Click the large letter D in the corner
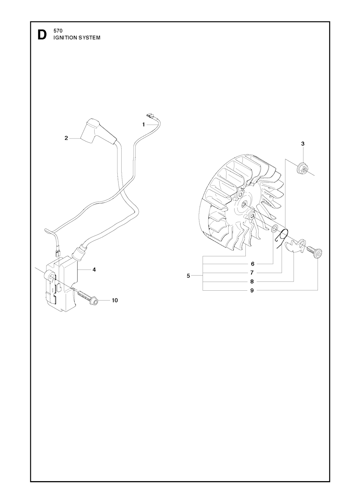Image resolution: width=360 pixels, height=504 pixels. (41, 35)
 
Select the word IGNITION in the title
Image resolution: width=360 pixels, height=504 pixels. (65, 38)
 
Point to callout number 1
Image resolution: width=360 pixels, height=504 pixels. (143, 124)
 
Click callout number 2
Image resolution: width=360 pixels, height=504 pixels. (66, 138)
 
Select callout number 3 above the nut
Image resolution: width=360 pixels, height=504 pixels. (303, 143)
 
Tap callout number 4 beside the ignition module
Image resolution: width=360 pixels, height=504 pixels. (94, 270)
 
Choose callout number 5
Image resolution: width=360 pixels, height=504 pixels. (188, 276)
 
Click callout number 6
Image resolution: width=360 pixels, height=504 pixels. (252, 264)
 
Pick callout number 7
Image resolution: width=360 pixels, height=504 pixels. (252, 272)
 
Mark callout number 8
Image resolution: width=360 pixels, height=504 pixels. (252, 281)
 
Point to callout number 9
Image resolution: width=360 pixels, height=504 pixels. (252, 290)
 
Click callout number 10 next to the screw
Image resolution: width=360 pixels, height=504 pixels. (115, 300)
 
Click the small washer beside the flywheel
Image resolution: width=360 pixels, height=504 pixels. (275, 230)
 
